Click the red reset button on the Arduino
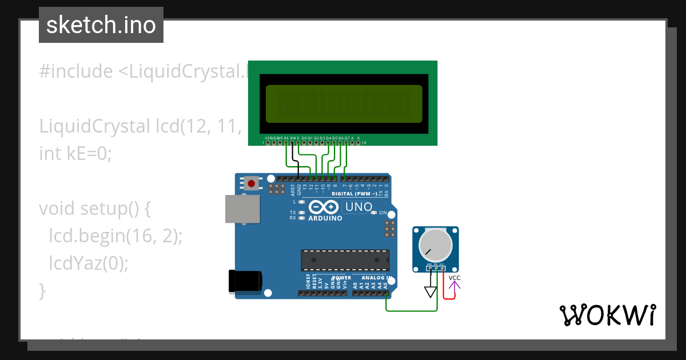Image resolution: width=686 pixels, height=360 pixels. [251, 183]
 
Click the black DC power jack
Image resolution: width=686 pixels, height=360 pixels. [245, 281]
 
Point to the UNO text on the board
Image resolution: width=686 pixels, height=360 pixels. [359, 206]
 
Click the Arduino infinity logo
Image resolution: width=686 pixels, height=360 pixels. [324, 207]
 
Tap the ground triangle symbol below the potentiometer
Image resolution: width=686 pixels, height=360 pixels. [430, 292]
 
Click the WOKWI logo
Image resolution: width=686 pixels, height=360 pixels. [607, 315]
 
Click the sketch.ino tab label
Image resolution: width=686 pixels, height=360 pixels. [101, 25]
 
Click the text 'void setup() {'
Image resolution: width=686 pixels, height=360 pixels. [95, 209]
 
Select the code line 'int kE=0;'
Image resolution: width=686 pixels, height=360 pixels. [74, 154]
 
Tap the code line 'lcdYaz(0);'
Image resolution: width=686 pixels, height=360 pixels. [89, 263]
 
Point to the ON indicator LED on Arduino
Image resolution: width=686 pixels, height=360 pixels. [374, 213]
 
